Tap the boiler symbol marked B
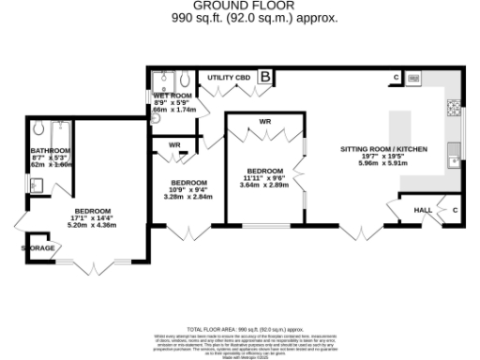(x=265, y=76)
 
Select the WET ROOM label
(x=173, y=95)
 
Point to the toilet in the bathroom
(x=38, y=127)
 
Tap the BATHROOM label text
(x=50, y=151)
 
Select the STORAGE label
(x=38, y=248)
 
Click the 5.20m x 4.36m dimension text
(x=92, y=225)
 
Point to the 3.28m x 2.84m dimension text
(x=190, y=198)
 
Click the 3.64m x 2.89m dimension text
(x=262, y=186)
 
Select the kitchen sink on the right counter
(x=453, y=149)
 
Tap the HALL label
(x=423, y=211)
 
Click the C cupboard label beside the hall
(x=454, y=211)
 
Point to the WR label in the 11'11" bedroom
(x=265, y=123)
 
